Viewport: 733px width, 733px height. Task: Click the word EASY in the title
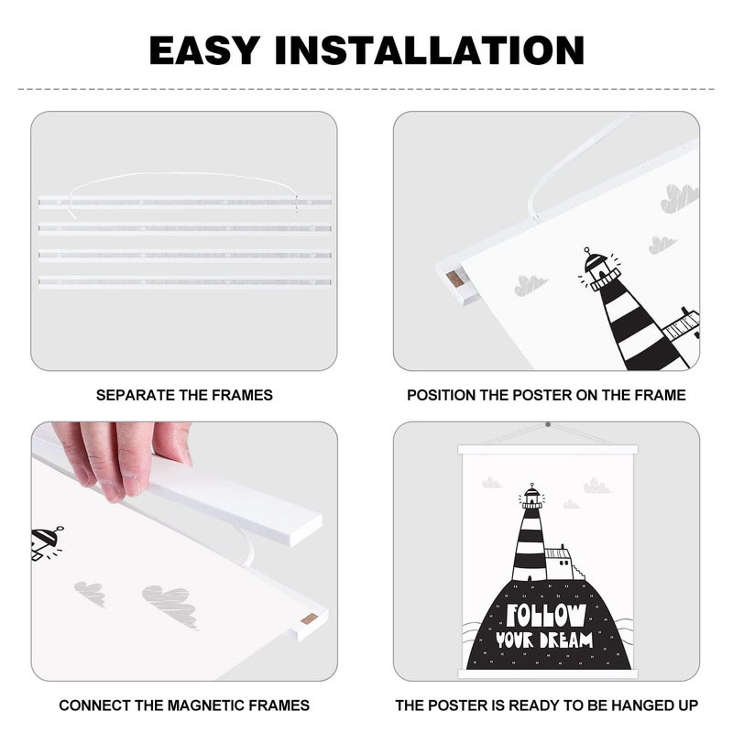point(204,49)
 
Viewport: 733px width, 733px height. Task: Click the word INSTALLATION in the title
point(430,49)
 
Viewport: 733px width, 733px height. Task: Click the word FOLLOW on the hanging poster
point(546,615)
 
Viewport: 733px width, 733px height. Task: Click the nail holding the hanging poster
point(548,425)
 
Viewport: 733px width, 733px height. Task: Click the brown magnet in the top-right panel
point(454,279)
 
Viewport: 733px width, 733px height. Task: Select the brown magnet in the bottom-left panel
point(310,620)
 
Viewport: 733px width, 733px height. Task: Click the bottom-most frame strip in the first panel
point(185,282)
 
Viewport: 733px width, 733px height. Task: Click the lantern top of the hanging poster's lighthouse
point(532,496)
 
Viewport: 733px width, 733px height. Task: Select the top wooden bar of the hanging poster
point(547,450)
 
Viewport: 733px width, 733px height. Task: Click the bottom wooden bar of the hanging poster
point(547,673)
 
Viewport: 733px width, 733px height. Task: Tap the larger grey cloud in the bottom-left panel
point(170,605)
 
